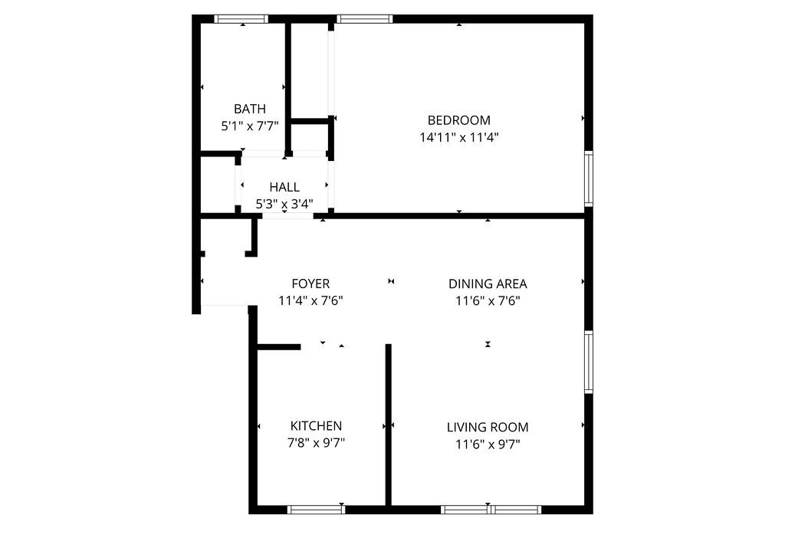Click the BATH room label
coord(250,109)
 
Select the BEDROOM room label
coord(458,120)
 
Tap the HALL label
coord(284,187)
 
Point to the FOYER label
coord(310,284)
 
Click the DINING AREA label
coord(488,284)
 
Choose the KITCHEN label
coord(316,426)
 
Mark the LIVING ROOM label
coord(488,428)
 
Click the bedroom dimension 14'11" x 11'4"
coord(458,137)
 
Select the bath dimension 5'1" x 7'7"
coord(250,126)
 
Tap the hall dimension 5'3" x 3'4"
coord(284,204)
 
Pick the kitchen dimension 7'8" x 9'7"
coord(316,443)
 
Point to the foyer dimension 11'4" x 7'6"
coord(310,300)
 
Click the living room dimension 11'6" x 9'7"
coord(488,444)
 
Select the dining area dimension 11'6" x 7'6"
coord(488,300)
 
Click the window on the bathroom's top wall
coord(241,19)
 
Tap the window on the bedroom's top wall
coord(364,19)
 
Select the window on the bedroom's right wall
coord(589,179)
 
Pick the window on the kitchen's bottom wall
coord(316,509)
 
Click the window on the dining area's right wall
coord(589,362)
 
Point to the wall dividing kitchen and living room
coord(389,425)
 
